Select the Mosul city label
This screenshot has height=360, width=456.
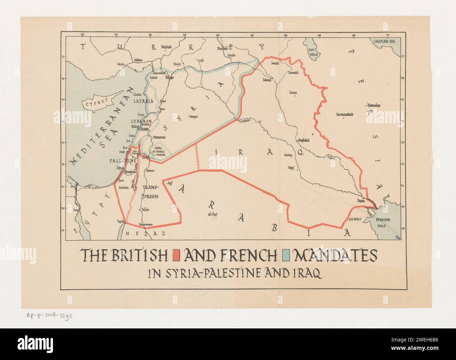[268, 80]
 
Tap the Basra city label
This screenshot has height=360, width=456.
[361, 201]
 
